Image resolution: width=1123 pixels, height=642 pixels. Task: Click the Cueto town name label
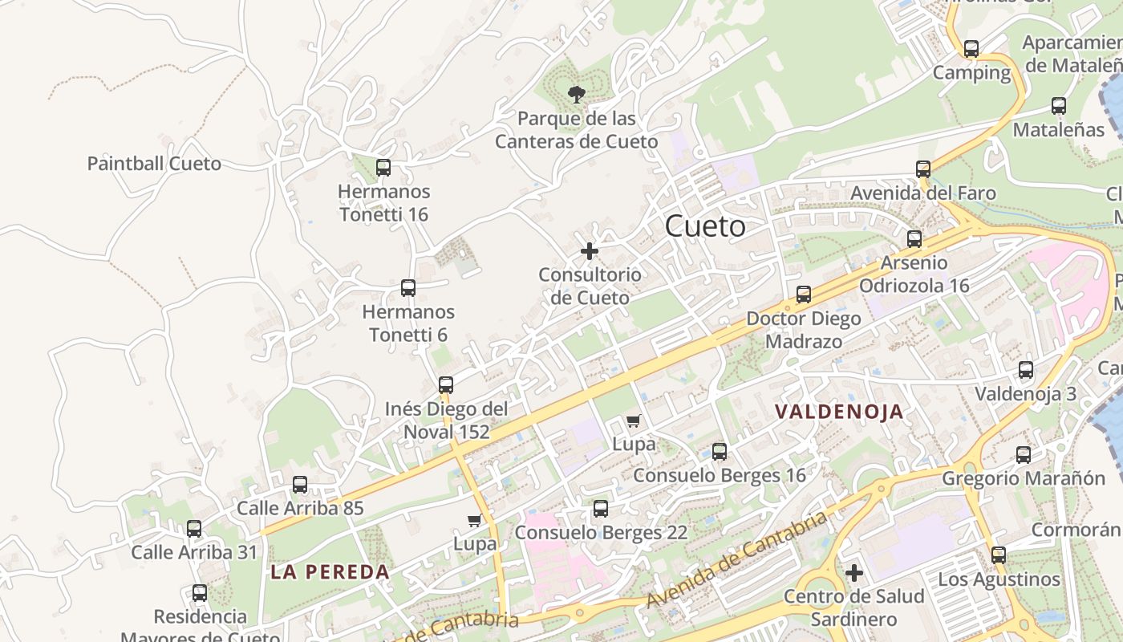pyautogui.click(x=705, y=226)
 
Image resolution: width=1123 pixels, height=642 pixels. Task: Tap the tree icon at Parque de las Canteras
pyautogui.click(x=576, y=95)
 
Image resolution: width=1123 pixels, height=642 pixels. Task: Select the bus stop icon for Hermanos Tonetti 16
pyautogui.click(x=383, y=168)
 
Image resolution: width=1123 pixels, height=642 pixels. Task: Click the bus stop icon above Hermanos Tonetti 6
pyautogui.click(x=408, y=288)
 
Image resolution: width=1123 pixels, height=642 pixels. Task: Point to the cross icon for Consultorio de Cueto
pyautogui.click(x=590, y=251)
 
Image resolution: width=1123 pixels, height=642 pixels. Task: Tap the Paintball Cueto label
pyautogui.click(x=154, y=164)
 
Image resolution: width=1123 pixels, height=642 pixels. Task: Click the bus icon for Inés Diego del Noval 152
pyautogui.click(x=446, y=385)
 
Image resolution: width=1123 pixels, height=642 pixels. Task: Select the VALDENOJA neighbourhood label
pyautogui.click(x=839, y=412)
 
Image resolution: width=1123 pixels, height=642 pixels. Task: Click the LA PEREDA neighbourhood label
pyautogui.click(x=330, y=572)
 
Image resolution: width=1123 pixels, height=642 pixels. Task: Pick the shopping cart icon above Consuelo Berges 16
pyautogui.click(x=634, y=421)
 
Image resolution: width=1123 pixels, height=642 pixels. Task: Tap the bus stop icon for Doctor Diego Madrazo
pyautogui.click(x=804, y=295)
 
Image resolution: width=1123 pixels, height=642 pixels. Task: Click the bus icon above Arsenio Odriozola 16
pyautogui.click(x=914, y=239)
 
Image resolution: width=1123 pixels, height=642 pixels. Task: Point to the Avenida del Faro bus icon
pyautogui.click(x=923, y=169)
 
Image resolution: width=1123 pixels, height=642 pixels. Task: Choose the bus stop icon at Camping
pyautogui.click(x=971, y=49)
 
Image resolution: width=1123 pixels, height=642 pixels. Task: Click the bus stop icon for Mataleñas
pyautogui.click(x=1059, y=106)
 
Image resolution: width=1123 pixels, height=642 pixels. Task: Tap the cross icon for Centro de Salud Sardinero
pyautogui.click(x=854, y=573)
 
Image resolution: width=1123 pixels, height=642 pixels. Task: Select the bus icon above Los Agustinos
pyautogui.click(x=999, y=555)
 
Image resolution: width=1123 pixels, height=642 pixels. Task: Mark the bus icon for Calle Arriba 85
pyautogui.click(x=300, y=485)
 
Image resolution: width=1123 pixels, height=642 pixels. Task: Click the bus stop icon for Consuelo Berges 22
pyautogui.click(x=601, y=509)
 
